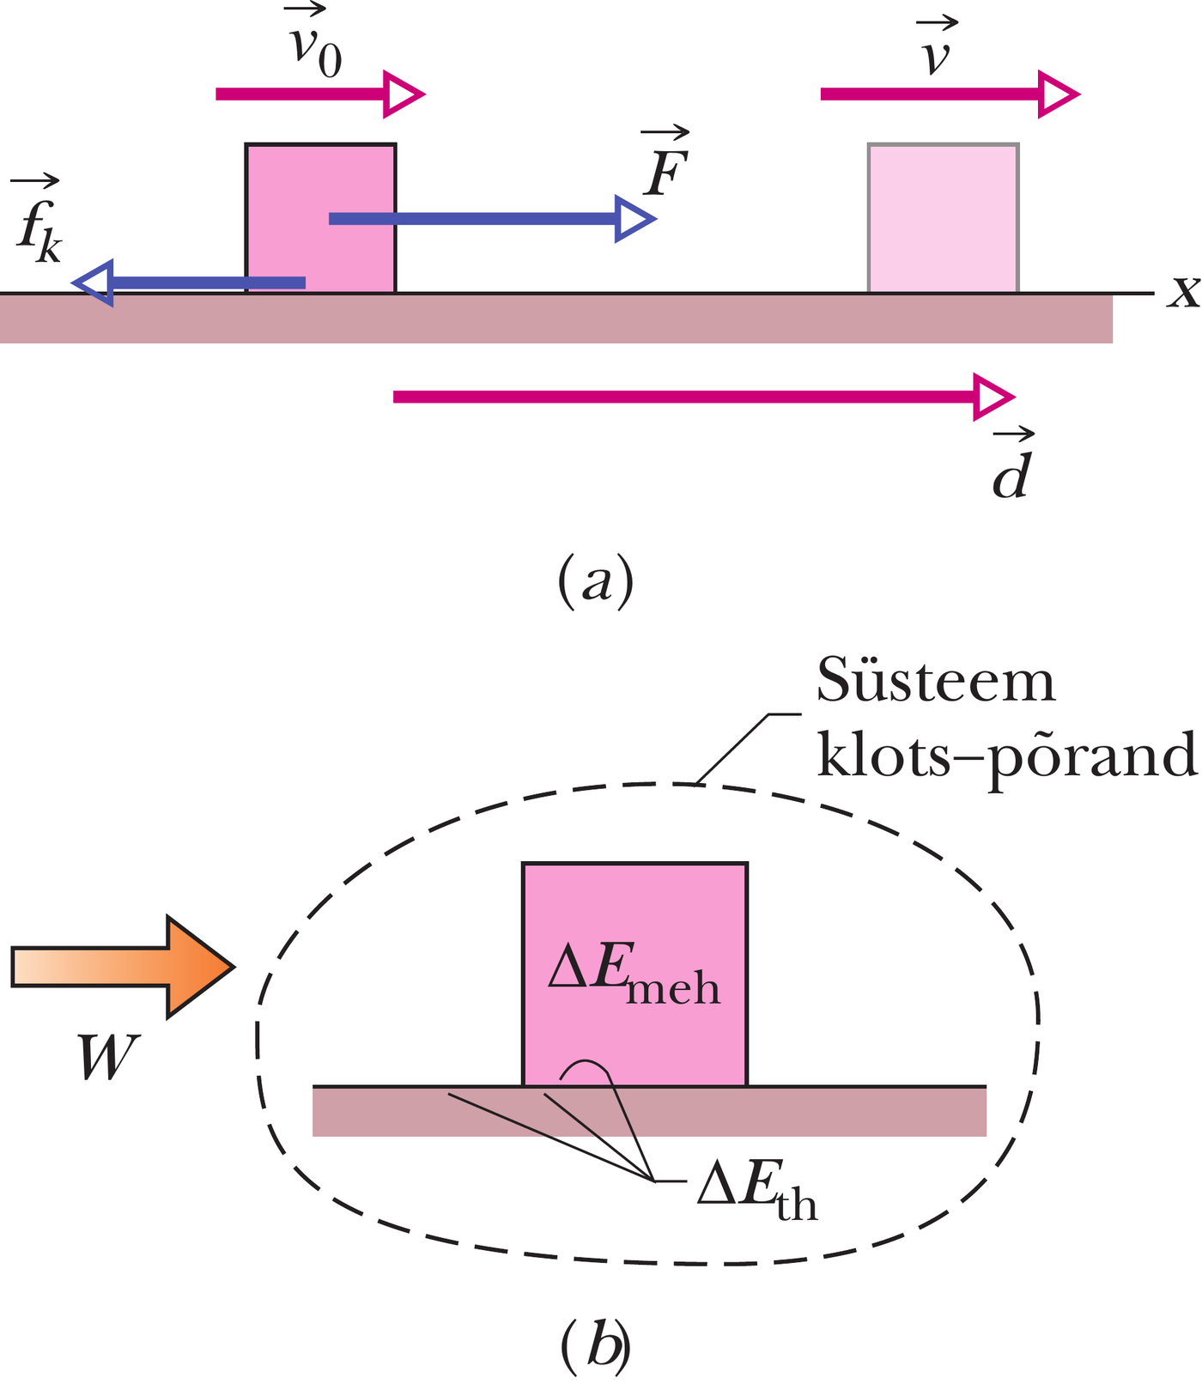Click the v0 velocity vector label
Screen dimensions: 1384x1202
tap(315, 46)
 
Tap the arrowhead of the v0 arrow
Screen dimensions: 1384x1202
tap(403, 94)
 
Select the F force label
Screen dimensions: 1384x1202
tap(666, 167)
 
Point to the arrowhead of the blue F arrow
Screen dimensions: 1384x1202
tap(634, 220)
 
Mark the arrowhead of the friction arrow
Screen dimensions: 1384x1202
tap(93, 282)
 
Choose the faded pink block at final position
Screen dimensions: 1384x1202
tap(943, 218)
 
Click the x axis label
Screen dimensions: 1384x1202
tap(1183, 293)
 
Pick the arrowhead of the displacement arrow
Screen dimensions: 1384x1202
tap(993, 397)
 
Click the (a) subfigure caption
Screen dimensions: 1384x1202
tap(595, 581)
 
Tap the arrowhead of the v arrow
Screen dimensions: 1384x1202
tap(1058, 94)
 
